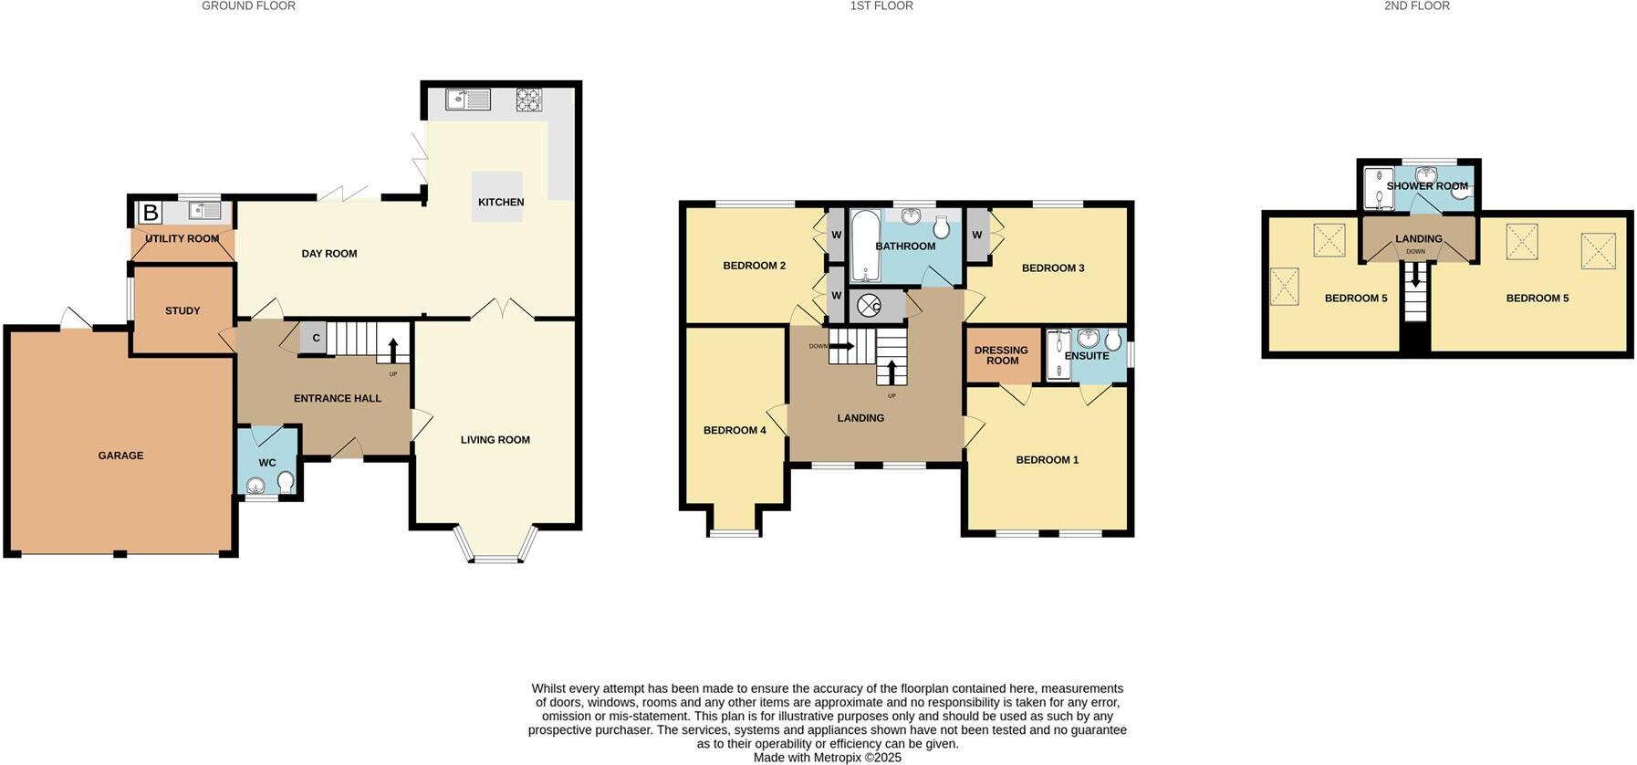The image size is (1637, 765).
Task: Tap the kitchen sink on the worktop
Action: [x=468, y=98]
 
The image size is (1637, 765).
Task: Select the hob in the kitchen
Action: [x=528, y=99]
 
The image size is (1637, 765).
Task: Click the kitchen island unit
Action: [x=497, y=196]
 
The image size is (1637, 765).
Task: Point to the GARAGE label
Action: [x=120, y=456]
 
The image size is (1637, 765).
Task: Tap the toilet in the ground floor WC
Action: [x=286, y=481]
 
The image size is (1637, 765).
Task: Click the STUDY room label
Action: [x=182, y=311]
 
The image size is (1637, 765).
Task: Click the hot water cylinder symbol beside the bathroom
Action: [x=869, y=306]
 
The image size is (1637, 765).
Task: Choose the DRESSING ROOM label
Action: [x=1001, y=355]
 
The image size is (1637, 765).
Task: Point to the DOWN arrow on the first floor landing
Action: [x=840, y=346]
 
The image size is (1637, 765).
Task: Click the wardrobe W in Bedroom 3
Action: [x=976, y=236]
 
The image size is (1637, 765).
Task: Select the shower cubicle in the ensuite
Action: [x=1057, y=354]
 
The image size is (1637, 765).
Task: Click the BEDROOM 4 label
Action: [x=735, y=430]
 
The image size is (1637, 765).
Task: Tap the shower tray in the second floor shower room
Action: [x=1378, y=188]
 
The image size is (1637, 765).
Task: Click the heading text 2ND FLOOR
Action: [x=1416, y=6]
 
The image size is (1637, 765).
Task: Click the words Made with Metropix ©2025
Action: [x=827, y=758]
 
